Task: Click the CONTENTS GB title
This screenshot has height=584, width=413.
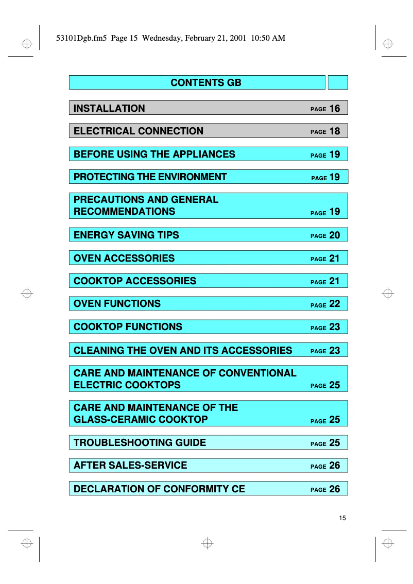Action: [x=205, y=82]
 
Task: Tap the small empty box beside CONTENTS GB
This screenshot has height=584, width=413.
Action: [x=338, y=82]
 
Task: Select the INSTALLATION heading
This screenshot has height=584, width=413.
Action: [x=109, y=108]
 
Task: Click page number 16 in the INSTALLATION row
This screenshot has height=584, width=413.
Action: [x=335, y=108]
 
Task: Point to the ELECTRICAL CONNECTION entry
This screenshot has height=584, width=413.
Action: [x=139, y=131]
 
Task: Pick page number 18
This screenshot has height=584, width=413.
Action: [x=335, y=131]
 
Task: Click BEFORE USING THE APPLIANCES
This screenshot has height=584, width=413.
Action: [x=154, y=154]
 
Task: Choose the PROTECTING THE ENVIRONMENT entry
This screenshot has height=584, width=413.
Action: [x=150, y=177]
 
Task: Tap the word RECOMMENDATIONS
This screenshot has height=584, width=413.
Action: [x=124, y=211]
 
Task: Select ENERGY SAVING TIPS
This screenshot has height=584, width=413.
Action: [x=126, y=235]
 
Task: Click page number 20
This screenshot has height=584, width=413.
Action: [x=335, y=235]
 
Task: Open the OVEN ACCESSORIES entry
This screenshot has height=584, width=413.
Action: [x=124, y=258]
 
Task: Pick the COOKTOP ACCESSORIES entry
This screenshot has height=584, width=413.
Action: [x=135, y=281]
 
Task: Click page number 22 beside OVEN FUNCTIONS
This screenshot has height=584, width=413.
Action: [x=335, y=304]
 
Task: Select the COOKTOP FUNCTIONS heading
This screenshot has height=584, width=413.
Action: [x=128, y=327]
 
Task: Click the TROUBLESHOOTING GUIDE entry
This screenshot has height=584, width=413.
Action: [x=140, y=442]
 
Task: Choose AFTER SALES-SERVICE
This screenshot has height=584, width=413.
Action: [x=130, y=465]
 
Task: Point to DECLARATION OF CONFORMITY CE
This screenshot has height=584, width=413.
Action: [x=159, y=489]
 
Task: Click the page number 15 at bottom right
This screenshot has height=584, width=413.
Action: [x=342, y=518]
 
